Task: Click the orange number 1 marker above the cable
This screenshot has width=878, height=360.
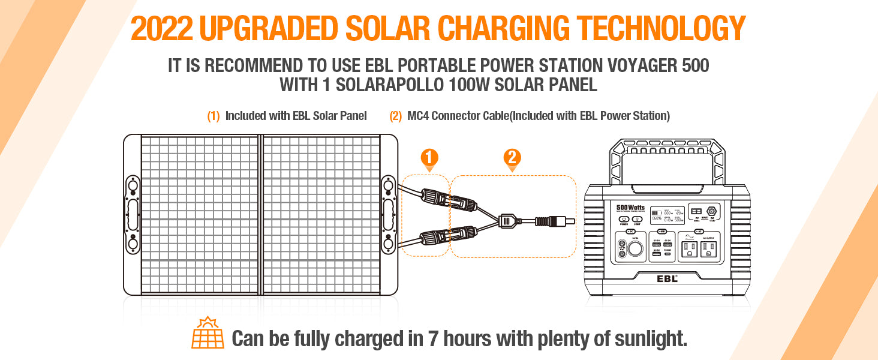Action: click(429, 158)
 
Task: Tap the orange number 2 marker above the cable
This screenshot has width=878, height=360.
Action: click(512, 158)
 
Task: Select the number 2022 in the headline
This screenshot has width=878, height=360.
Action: click(160, 28)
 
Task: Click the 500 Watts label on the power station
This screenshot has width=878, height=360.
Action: click(630, 208)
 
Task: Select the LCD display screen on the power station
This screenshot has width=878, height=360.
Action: click(667, 215)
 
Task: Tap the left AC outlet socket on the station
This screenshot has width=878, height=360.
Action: click(689, 250)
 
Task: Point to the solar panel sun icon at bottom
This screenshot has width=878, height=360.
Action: click(208, 333)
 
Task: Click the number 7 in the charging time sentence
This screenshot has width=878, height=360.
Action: click(433, 338)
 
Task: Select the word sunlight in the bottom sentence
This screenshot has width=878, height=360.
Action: click(650, 338)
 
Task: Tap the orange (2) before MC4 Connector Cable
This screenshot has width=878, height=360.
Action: click(395, 116)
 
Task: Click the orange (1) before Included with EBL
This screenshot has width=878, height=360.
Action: click(214, 116)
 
